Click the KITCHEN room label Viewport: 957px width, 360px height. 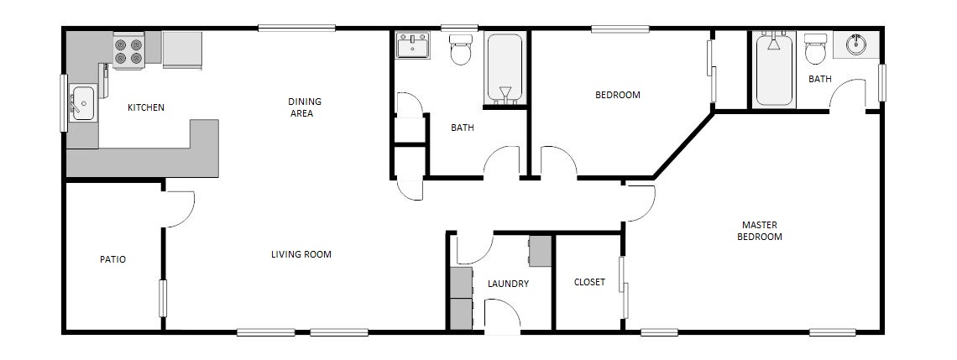click(145, 108)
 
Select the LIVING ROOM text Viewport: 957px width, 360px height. click(301, 254)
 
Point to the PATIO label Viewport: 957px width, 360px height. click(113, 259)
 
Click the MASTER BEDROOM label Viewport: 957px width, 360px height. click(759, 231)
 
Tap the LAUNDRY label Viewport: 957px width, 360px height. click(508, 284)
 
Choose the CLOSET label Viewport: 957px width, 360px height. click(589, 282)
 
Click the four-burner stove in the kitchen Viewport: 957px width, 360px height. click(128, 50)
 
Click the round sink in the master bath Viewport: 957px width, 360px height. click(856, 45)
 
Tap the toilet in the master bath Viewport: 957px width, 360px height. click(815, 49)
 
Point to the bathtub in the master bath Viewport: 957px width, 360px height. click(774, 70)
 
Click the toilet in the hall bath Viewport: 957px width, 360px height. click(461, 50)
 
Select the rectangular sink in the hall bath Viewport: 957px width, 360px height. click(413, 45)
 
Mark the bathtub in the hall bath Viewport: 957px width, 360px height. click(505, 69)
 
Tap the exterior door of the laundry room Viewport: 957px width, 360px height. click(502, 316)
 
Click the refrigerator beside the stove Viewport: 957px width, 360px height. click(182, 50)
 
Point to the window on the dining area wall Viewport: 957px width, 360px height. click(296, 28)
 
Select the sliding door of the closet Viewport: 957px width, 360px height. click(623, 287)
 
